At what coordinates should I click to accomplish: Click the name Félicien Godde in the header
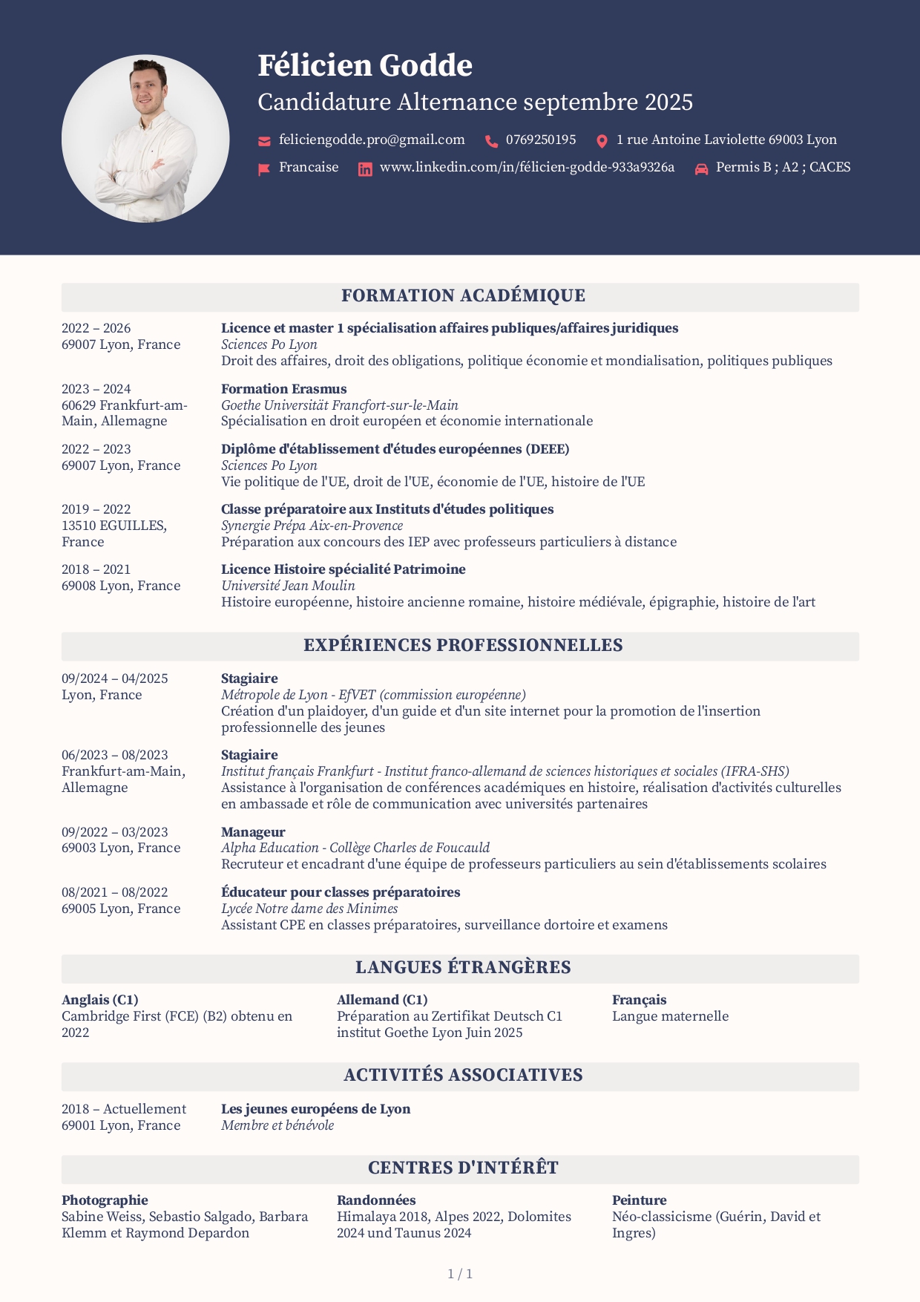click(x=364, y=66)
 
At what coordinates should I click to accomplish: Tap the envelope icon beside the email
click(x=264, y=141)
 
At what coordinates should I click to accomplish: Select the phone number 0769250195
click(x=540, y=140)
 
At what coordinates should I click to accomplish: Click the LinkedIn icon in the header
click(x=365, y=169)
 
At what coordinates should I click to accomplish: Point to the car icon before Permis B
click(x=701, y=169)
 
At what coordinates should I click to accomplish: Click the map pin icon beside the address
click(x=602, y=141)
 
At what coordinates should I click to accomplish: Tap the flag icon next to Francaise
click(x=263, y=169)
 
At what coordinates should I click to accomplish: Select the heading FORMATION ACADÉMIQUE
click(x=463, y=296)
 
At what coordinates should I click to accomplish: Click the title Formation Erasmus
click(x=283, y=389)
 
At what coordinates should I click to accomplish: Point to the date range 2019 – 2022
click(x=96, y=509)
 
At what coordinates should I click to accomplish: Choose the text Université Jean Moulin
click(x=288, y=586)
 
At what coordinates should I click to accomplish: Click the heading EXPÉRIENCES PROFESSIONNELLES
click(x=463, y=646)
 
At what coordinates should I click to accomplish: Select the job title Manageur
click(x=253, y=832)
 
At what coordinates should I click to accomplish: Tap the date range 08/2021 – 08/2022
click(x=114, y=892)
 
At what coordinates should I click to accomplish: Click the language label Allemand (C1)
click(x=382, y=1000)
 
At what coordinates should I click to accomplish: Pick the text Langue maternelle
click(x=670, y=1016)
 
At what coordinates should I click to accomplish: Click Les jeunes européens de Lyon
click(x=315, y=1109)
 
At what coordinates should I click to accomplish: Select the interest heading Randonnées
click(x=376, y=1200)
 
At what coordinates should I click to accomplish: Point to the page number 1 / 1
click(x=460, y=1275)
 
